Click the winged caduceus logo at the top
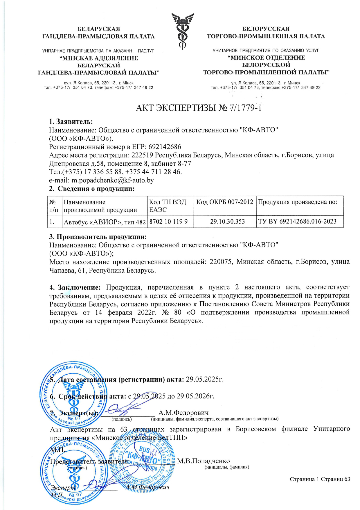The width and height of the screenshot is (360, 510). (182, 32)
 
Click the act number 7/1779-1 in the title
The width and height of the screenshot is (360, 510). (245, 108)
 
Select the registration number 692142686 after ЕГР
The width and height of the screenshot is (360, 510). (165, 146)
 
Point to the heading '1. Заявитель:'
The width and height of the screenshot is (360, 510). (71, 121)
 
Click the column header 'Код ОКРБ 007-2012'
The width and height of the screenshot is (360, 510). (225, 202)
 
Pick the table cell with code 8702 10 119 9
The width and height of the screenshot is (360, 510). (168, 222)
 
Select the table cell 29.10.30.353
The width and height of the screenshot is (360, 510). (225, 222)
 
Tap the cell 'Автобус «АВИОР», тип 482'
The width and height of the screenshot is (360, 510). (105, 222)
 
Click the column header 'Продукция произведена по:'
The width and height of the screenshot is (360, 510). (298, 202)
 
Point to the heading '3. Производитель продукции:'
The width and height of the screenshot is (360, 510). (98, 236)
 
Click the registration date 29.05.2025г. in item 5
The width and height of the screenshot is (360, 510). (205, 379)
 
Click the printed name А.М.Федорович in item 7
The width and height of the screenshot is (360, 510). (183, 413)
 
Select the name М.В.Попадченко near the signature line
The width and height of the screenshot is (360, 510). (203, 461)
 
